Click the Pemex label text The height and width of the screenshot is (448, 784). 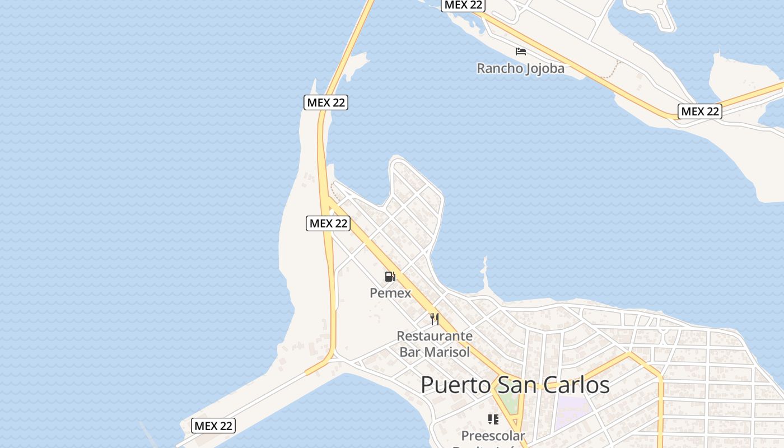coord(390,293)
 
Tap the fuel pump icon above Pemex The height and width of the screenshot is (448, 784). coord(390,276)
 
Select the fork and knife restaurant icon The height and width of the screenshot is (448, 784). coord(434,319)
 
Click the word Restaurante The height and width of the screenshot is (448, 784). coord(435,336)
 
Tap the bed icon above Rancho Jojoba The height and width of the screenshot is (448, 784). coord(521,52)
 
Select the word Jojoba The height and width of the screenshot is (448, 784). coord(544,68)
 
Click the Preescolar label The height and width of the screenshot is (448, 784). coord(493,436)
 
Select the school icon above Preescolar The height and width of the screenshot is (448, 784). coord(493,419)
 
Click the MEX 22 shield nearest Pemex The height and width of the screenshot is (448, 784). coord(329,223)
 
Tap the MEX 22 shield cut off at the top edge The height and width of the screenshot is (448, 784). coord(463,4)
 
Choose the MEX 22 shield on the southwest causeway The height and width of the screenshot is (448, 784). coord(213,426)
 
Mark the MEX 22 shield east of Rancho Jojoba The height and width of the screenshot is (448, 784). coord(699,111)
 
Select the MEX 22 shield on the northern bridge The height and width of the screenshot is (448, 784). coord(326,102)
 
